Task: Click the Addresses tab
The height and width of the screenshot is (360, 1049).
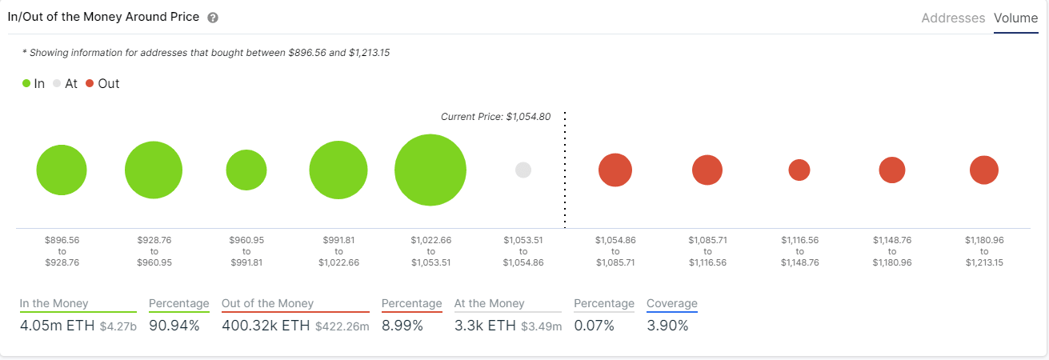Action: pos(953,18)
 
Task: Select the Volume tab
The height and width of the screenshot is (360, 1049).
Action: pos(1015,18)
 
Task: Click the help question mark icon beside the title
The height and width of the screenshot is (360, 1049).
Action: pos(213,18)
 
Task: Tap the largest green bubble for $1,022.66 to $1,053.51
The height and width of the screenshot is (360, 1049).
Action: pos(430,170)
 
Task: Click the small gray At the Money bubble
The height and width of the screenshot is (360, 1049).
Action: pos(523,170)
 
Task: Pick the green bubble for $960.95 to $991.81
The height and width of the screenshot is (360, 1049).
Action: pos(246,170)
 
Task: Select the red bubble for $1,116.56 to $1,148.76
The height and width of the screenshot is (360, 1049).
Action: pos(799,170)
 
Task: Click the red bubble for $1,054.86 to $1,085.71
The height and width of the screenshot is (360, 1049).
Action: pos(615,170)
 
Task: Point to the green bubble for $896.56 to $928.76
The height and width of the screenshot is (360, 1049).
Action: pos(62,170)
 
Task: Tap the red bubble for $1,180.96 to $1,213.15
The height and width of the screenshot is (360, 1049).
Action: pos(984,170)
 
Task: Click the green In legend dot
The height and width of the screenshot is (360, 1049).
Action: pos(26,83)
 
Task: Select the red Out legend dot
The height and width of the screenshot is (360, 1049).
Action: pos(90,83)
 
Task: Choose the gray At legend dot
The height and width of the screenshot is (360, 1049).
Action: pos(56,83)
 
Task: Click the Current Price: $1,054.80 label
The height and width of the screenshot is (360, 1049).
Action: pos(495,117)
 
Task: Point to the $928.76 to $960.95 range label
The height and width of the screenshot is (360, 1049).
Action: pos(154,251)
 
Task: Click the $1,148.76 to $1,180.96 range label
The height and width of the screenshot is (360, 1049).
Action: pos(892,251)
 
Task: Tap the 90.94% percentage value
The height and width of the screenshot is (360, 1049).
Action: pos(174,326)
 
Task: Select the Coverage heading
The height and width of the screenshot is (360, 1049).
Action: pos(672,303)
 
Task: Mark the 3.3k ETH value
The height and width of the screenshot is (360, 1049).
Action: pos(485,326)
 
